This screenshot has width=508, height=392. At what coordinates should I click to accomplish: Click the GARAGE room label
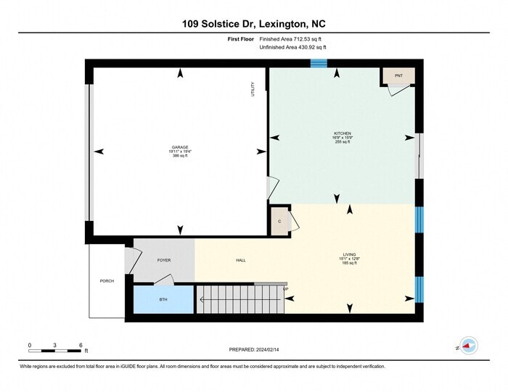[179, 147]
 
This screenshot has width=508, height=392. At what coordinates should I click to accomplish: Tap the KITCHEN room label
[343, 133]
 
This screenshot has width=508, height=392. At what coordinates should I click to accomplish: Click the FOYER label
[164, 260]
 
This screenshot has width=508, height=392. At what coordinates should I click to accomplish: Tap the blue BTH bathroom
[164, 299]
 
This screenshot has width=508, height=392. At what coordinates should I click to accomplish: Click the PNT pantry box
[398, 75]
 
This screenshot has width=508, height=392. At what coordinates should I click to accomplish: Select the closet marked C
[279, 222]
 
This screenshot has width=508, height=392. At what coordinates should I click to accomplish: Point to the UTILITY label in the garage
[253, 90]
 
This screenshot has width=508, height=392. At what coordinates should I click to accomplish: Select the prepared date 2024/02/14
[254, 350]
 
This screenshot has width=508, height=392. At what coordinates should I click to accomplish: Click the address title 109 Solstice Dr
[253, 24]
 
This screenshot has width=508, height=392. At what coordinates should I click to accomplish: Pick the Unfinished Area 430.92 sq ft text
[292, 47]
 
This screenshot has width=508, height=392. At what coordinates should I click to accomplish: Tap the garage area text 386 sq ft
[179, 156]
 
